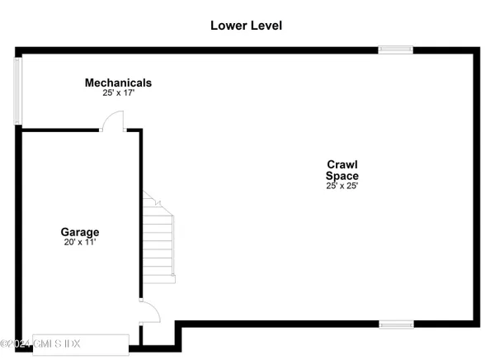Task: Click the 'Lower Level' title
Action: pyautogui.click(x=246, y=26)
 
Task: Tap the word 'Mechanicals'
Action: pyautogui.click(x=118, y=83)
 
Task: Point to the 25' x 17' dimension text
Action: pyautogui.click(x=118, y=93)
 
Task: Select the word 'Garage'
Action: pyautogui.click(x=79, y=232)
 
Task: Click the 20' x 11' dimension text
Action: pyautogui.click(x=79, y=243)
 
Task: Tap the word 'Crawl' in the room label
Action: pyautogui.click(x=342, y=164)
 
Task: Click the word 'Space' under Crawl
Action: pyautogui.click(x=342, y=175)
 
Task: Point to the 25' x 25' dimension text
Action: pyautogui.click(x=342, y=186)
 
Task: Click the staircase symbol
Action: pyautogui.click(x=159, y=239)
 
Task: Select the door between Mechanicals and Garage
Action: pyautogui.click(x=112, y=123)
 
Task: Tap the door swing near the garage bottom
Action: pyautogui.click(x=149, y=312)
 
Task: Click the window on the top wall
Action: pyautogui.click(x=395, y=50)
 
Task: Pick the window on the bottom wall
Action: pyautogui.click(x=395, y=324)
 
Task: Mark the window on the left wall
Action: pyautogui.click(x=17, y=90)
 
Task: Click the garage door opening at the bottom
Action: pyautogui.click(x=74, y=343)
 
